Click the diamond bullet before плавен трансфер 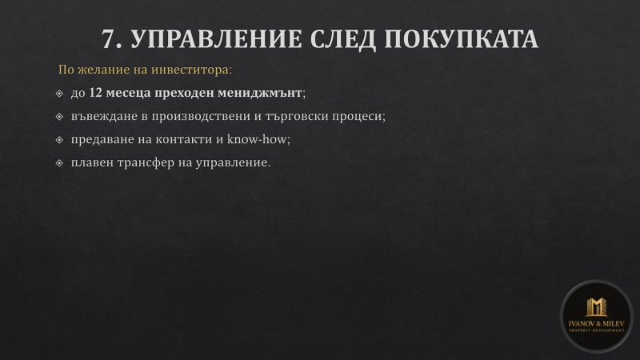(x=60, y=163)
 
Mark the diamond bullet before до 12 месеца (x=60, y=94)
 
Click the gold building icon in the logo (x=596, y=307)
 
